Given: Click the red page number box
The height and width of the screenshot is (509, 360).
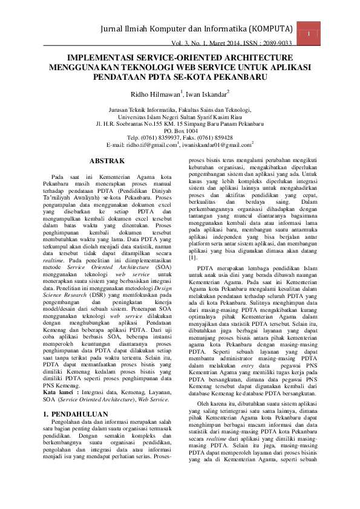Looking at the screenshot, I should tap(309, 34).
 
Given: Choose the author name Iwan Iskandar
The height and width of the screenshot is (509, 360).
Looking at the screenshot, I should tap(206, 94).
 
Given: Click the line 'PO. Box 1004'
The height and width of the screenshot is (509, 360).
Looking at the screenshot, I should tap(180, 131).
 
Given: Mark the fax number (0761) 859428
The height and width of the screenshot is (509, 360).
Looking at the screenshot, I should tap(215, 138).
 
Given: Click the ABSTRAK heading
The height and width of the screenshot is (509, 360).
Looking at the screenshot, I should tap(107, 161).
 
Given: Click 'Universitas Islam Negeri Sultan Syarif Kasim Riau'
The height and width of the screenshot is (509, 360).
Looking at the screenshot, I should tap(180, 116).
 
